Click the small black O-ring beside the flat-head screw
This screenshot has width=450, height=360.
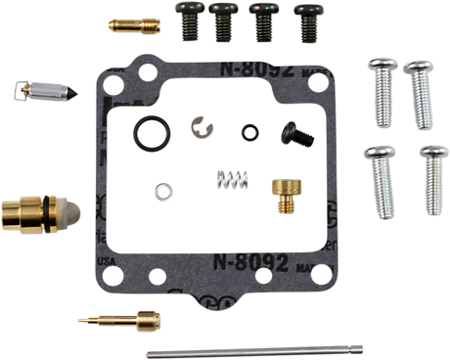coord(250,130)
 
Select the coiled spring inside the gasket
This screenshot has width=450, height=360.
coord(227,179)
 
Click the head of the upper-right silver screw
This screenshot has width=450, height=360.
coord(418,67)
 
